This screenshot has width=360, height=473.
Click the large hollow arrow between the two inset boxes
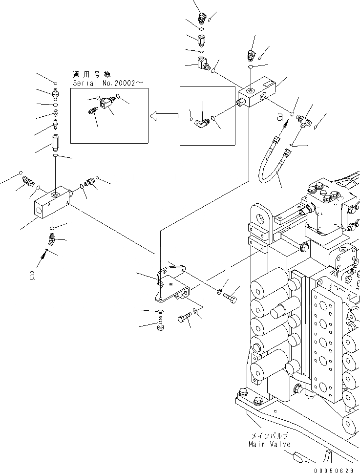pyautogui.click(x=164, y=116)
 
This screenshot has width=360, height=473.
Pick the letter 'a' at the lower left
pyautogui.click(x=32, y=276)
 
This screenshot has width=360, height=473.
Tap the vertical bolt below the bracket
pyautogui.click(x=160, y=324)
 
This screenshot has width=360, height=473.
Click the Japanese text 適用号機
pyautogui.click(x=91, y=75)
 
